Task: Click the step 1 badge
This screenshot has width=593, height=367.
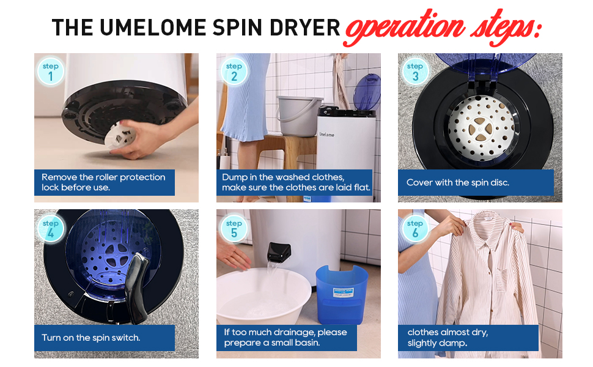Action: (x=51, y=72)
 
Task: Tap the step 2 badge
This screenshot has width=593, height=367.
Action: (x=234, y=72)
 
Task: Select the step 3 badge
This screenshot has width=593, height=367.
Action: (x=416, y=72)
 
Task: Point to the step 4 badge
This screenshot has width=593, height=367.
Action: (x=51, y=228)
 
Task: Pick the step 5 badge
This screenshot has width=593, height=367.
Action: (x=234, y=228)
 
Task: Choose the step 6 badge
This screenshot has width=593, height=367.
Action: (x=416, y=228)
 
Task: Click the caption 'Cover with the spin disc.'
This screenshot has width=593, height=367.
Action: (x=458, y=182)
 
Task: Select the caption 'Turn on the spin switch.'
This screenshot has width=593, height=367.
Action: (x=91, y=338)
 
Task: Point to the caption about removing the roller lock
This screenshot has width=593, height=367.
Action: (x=103, y=182)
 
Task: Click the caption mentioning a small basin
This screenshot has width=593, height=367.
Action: (x=285, y=337)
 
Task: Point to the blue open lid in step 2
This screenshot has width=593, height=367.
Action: (x=367, y=92)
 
